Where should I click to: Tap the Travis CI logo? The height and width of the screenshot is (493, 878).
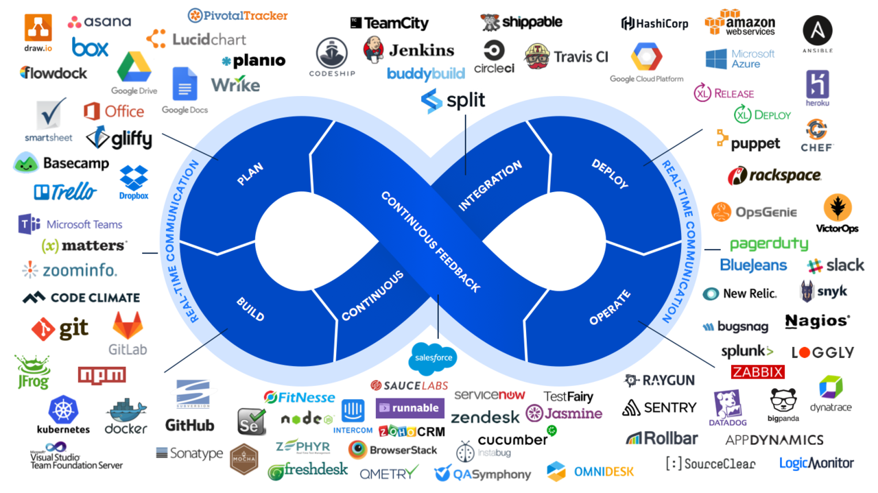[567, 56]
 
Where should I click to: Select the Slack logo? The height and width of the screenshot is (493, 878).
[835, 265]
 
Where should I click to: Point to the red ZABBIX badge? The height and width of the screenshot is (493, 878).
[757, 372]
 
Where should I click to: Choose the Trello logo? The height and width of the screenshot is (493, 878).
[66, 192]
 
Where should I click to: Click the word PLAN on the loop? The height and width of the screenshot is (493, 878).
[250, 174]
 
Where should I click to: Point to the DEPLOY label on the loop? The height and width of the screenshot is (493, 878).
[609, 174]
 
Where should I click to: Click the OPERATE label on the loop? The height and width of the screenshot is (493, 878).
[610, 308]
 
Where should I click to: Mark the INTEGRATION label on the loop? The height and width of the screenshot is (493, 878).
[490, 185]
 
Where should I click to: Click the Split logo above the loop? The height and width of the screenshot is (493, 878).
[453, 101]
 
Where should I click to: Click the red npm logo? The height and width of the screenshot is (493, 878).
[102, 375]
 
